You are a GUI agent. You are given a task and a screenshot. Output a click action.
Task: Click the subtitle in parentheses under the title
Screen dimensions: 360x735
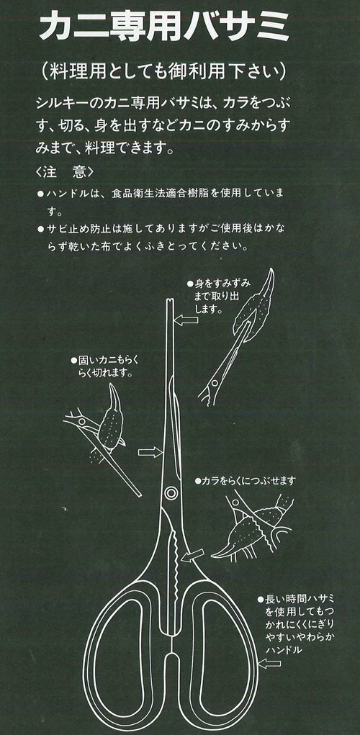coord(164,72)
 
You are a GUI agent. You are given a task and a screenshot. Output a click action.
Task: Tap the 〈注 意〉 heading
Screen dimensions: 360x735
coord(64,172)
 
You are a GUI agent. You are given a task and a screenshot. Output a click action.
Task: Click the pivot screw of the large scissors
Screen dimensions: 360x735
coord(171,492)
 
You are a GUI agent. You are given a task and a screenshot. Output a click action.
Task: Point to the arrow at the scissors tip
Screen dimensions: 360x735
coord(186,320)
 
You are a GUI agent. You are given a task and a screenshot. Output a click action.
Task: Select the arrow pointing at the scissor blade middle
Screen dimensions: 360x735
coord(150,452)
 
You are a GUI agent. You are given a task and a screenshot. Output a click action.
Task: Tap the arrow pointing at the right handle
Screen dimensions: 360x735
coord(269,663)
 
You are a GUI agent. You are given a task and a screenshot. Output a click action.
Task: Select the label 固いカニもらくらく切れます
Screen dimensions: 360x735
coord(104,366)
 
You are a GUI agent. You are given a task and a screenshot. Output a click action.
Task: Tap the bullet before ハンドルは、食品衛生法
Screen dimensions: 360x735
coord(40,193)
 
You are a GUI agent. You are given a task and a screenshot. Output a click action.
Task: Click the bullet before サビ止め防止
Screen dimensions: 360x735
coord(40,229)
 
